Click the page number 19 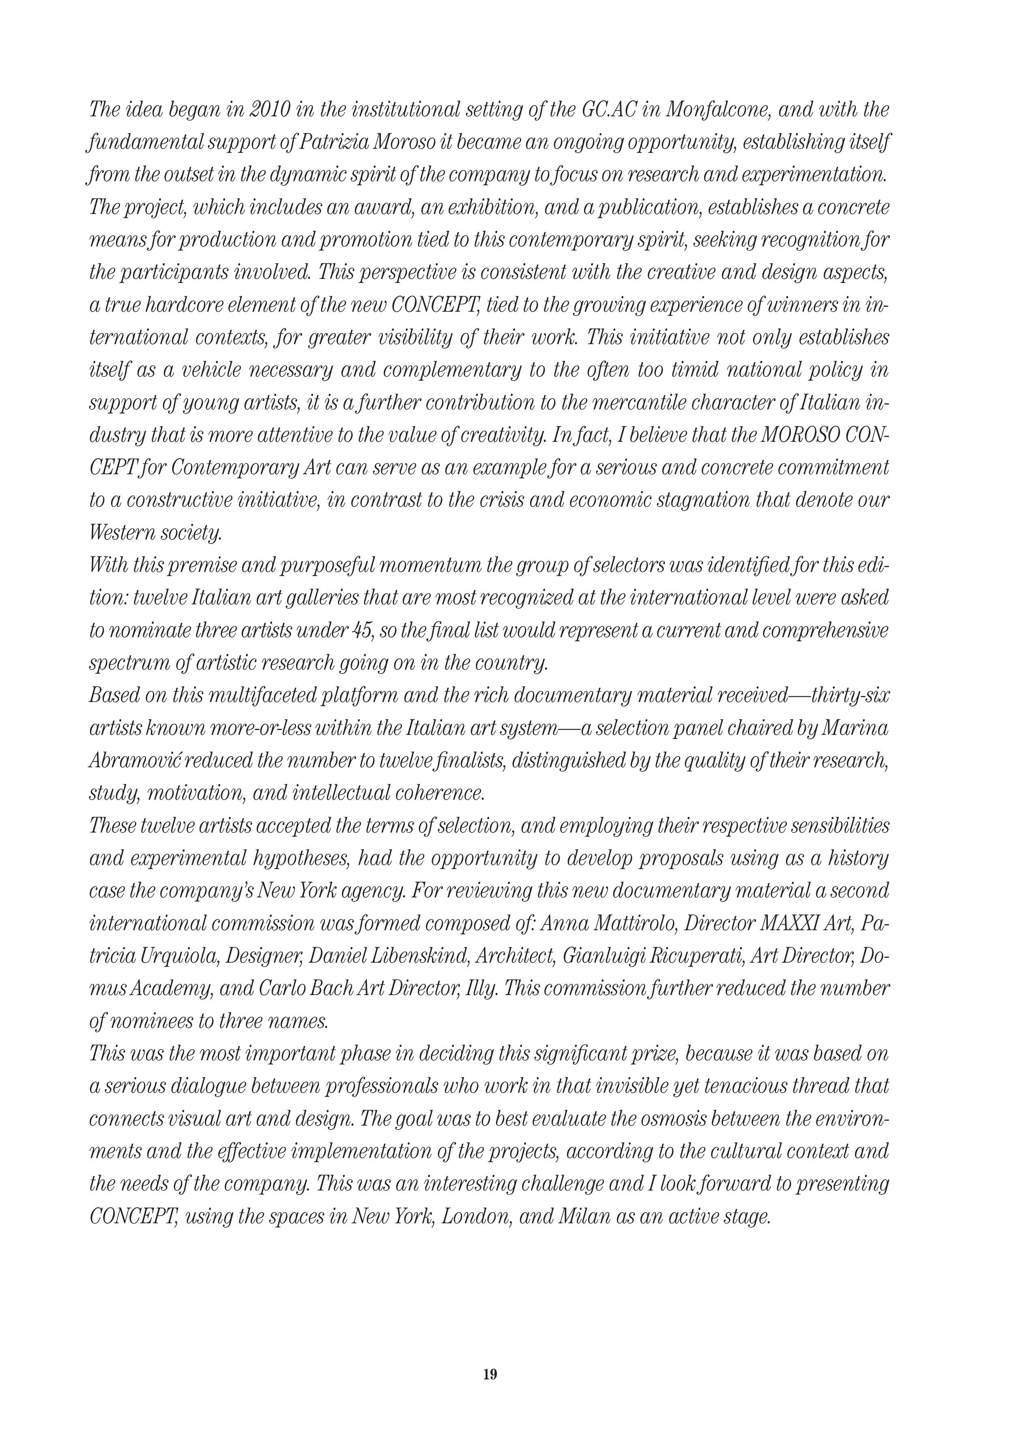pos(490,1374)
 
